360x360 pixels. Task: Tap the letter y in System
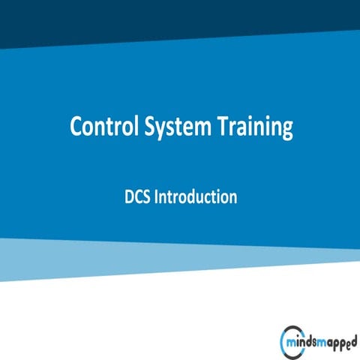[160, 130]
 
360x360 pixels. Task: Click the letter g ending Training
[286, 130]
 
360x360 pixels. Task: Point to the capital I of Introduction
[157, 198]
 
